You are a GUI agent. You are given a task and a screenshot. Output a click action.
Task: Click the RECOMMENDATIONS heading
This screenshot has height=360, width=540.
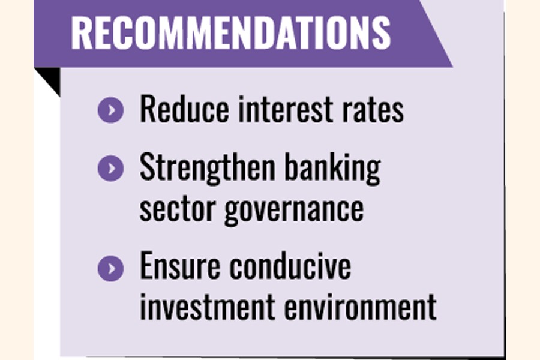(231, 33)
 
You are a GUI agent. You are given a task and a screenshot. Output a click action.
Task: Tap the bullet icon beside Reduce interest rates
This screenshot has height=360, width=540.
(110, 110)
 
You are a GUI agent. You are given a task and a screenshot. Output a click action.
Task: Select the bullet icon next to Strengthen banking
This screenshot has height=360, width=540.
(110, 169)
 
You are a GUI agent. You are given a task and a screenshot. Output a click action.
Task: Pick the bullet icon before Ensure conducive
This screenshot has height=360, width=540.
(110, 268)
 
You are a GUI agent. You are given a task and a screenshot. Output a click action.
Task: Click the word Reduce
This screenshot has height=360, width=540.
(184, 109)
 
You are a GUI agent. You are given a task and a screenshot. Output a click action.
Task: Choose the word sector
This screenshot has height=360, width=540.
(177, 209)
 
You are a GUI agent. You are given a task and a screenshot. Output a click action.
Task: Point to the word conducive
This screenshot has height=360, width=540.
(290, 265)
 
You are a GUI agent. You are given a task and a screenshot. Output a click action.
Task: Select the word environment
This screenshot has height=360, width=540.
(361, 306)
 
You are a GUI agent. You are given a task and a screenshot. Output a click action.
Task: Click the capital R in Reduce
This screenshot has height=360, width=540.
(147, 109)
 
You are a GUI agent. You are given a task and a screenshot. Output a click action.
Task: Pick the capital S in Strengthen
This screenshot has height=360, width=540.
(146, 167)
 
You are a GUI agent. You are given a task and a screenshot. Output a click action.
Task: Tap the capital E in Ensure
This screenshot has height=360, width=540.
(146, 265)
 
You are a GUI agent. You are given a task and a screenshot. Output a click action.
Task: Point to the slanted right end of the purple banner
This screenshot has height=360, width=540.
(437, 34)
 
